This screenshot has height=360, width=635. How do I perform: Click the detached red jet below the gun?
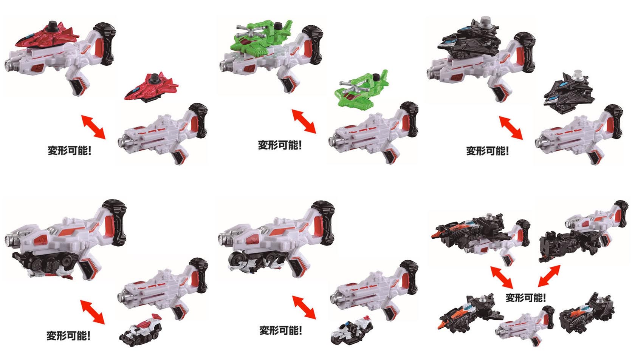coord(152,88)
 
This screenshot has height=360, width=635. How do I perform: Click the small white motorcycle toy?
coord(351,330)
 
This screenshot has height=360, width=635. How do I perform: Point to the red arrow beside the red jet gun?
coord(93,127)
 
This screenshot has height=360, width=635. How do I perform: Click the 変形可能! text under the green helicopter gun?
coord(280,145)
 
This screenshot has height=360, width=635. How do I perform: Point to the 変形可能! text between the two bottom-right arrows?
coord(526,298)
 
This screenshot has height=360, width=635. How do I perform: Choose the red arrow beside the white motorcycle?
coord(304,307)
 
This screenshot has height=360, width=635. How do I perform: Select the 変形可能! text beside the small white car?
coord(68,336)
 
